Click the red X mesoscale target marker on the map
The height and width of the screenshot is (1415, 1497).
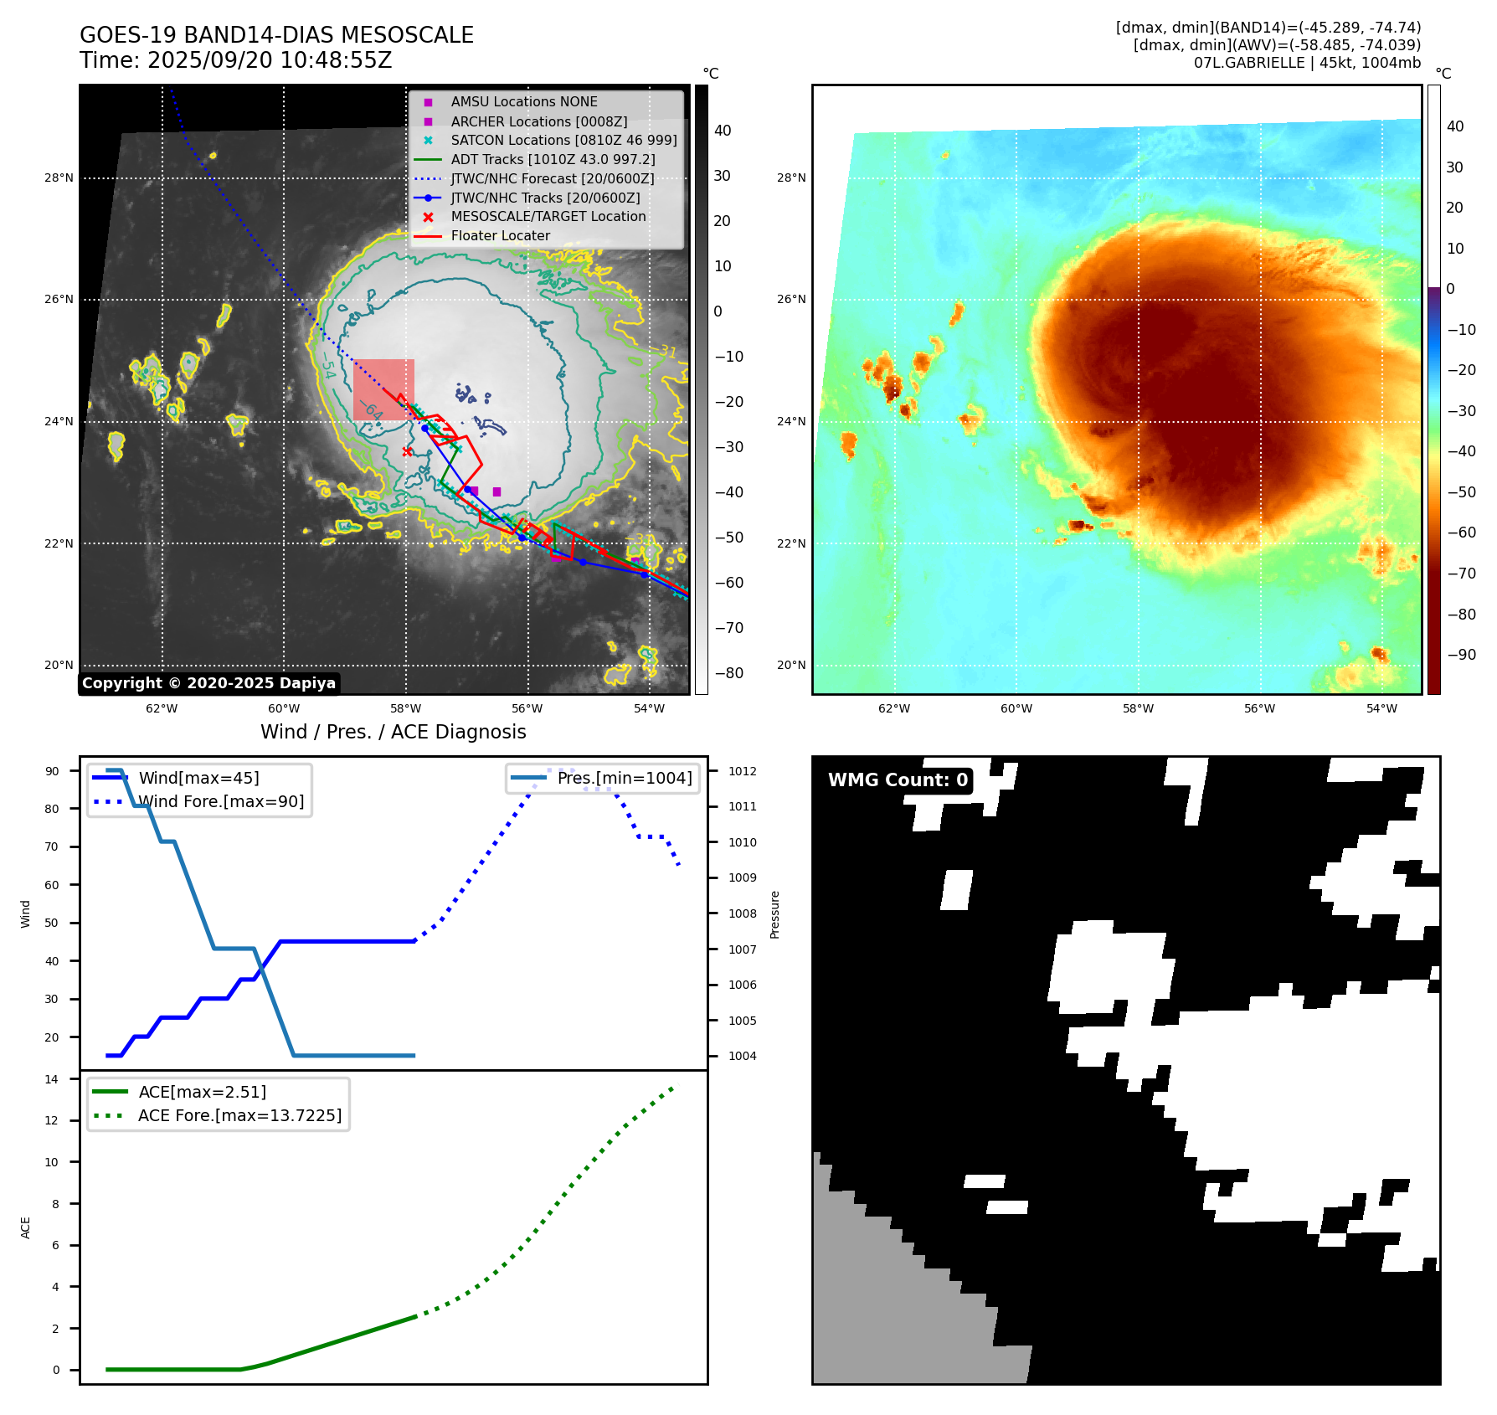(x=407, y=451)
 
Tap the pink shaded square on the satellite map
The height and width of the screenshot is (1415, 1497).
(x=383, y=389)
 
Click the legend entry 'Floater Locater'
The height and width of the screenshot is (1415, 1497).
(x=500, y=236)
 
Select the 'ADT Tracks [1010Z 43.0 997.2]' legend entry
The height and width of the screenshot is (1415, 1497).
(x=553, y=159)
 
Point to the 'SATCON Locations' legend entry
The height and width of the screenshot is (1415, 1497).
(x=563, y=140)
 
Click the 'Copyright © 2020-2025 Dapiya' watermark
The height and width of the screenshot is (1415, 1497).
(x=208, y=683)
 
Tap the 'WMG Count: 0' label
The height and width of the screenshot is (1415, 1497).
(x=898, y=780)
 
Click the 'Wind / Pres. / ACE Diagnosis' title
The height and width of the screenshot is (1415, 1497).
(x=394, y=732)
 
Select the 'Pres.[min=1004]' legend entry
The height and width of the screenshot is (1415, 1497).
(x=625, y=778)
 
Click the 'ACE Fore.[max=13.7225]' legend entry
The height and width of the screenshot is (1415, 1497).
(x=239, y=1115)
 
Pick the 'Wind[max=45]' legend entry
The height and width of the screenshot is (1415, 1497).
(x=198, y=778)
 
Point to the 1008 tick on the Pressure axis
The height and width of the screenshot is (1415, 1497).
(x=742, y=913)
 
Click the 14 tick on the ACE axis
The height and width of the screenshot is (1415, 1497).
(x=52, y=1079)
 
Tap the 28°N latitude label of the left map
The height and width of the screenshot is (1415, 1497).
(x=59, y=178)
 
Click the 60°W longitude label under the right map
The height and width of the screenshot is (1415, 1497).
(x=1016, y=708)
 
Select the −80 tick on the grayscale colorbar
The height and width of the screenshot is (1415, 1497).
(x=728, y=673)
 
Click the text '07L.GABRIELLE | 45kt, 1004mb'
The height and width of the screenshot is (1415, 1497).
(x=1307, y=63)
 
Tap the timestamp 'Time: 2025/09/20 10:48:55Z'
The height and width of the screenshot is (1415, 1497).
(x=236, y=60)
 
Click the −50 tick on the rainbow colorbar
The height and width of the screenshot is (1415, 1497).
(x=1462, y=492)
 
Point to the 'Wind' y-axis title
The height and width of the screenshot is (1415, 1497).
(x=25, y=913)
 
